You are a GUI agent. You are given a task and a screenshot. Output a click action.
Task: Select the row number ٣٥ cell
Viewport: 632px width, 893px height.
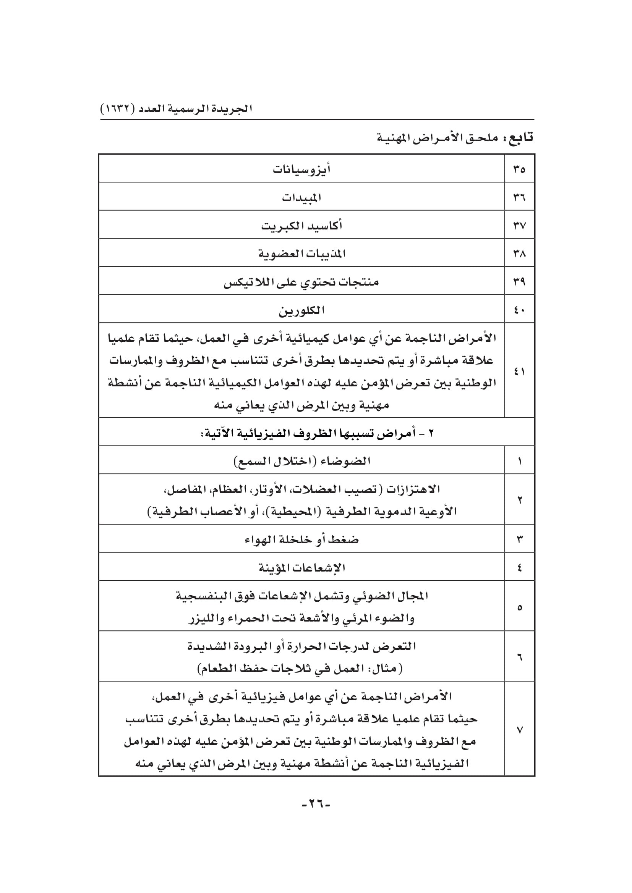520,169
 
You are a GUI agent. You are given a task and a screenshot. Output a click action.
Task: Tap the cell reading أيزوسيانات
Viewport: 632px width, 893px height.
301,170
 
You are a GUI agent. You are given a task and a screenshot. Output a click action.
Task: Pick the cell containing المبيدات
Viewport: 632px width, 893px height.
301,198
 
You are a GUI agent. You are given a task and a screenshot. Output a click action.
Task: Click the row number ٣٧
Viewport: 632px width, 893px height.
520,226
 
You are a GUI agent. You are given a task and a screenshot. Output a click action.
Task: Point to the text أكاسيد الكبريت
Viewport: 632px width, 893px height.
301,226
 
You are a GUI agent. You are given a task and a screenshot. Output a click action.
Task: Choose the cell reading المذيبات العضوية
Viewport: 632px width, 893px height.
301,254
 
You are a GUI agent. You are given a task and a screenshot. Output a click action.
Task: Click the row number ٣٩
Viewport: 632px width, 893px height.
520,282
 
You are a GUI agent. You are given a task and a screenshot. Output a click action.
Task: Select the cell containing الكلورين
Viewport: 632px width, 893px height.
301,310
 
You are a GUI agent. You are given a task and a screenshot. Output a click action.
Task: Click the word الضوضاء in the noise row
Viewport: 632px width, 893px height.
345,461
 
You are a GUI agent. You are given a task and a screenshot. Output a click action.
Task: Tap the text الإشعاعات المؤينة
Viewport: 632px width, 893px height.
301,568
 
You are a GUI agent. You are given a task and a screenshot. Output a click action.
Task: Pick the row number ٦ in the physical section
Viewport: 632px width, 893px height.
520,657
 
